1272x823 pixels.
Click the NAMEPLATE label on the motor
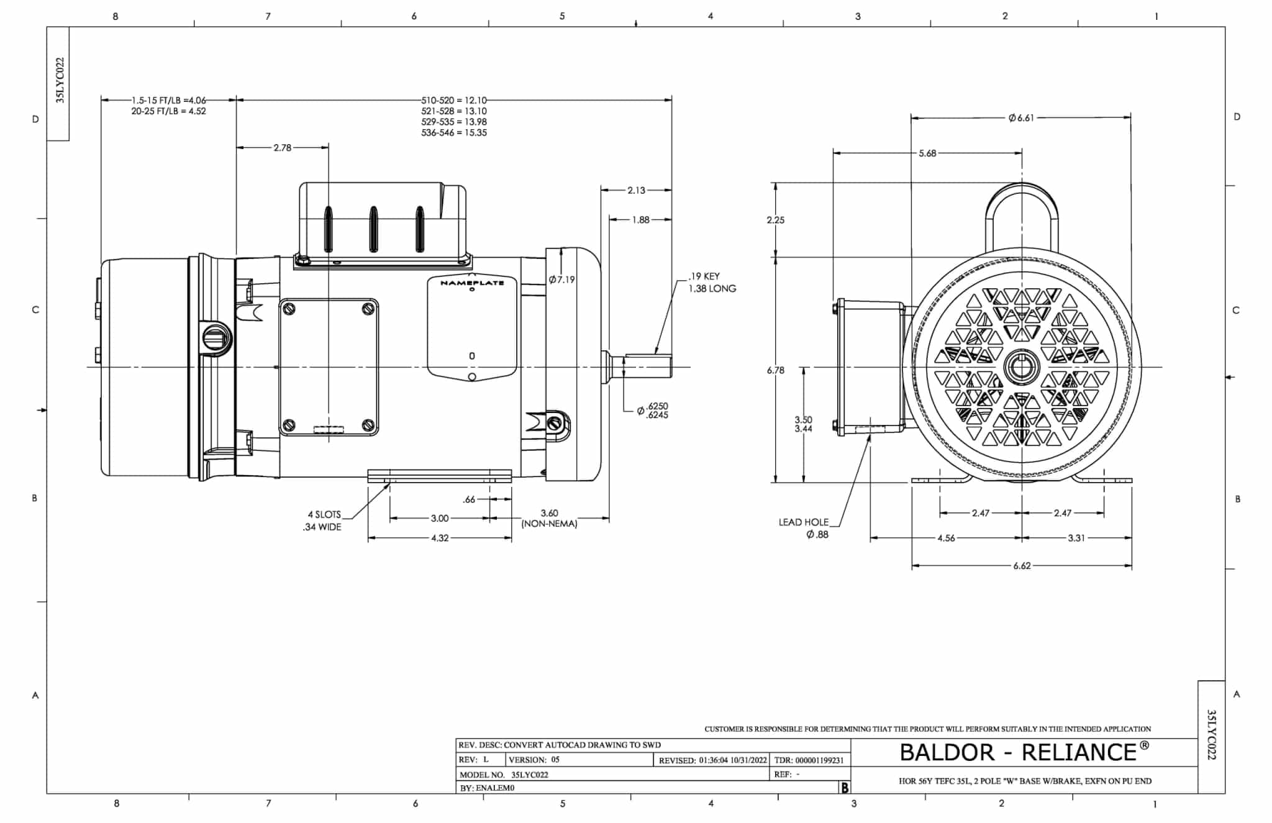click(x=472, y=283)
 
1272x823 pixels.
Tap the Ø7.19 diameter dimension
click(x=561, y=280)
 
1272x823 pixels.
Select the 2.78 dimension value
click(x=282, y=148)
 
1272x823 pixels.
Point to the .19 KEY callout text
click(x=704, y=276)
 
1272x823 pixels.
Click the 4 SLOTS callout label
click(x=324, y=514)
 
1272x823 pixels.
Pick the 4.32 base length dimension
click(x=440, y=538)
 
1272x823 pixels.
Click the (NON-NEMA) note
click(x=549, y=524)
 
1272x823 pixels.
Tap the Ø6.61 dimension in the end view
click(x=1021, y=117)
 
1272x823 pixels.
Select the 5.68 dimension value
click(x=927, y=153)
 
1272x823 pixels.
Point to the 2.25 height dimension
click(x=776, y=220)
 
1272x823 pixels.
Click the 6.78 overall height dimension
click(x=776, y=370)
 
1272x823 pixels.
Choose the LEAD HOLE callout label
click(x=804, y=522)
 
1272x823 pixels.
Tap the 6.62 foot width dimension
click(x=1022, y=566)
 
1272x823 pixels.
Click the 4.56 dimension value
click(x=946, y=538)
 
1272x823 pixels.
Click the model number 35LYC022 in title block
click(x=530, y=775)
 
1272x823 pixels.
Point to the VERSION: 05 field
click(x=534, y=760)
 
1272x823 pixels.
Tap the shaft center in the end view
click(x=1022, y=368)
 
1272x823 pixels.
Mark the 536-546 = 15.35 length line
click(x=454, y=133)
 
